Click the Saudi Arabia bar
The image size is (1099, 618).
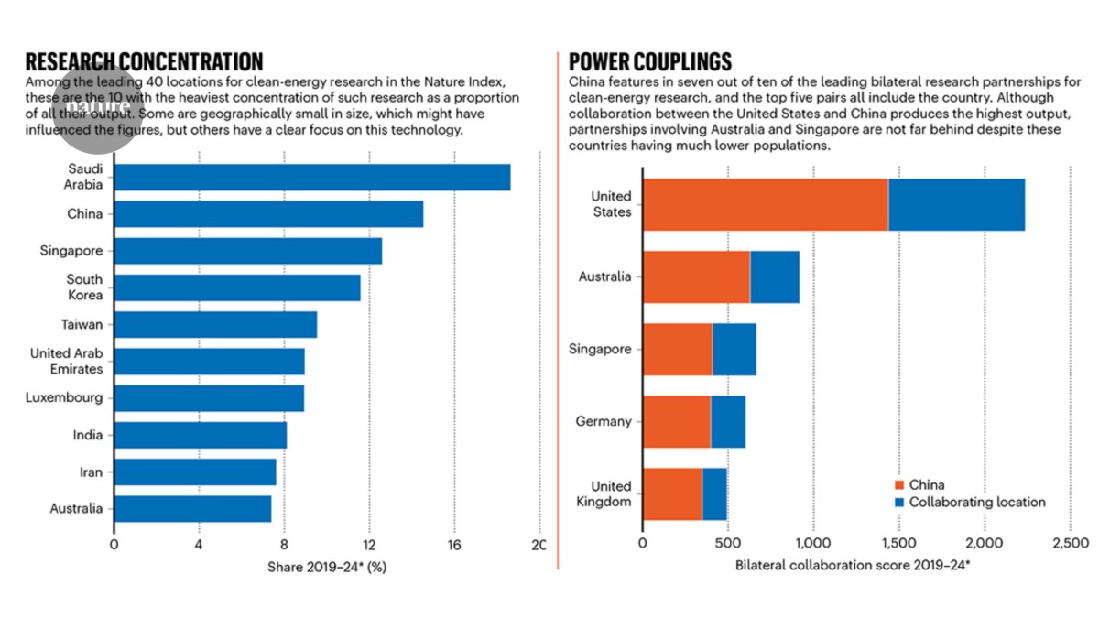coord(311,178)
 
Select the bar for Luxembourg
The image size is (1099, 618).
coord(209,398)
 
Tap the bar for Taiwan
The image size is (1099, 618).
coord(215,324)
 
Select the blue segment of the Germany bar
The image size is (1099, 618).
coord(728,421)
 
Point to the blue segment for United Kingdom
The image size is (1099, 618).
coord(714,494)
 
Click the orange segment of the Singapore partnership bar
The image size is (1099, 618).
coord(678,349)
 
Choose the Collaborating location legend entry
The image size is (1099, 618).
coord(976,502)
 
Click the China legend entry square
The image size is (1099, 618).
coord(899,485)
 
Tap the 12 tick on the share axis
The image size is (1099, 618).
coord(368,545)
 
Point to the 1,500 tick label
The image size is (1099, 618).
coord(898,545)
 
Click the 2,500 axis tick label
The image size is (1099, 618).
coord(1070,545)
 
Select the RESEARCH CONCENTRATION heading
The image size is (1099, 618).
coord(144,61)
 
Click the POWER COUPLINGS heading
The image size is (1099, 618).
coord(650,61)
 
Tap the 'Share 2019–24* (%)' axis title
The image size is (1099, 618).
coord(326,568)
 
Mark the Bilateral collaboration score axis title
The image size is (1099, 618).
coord(852,566)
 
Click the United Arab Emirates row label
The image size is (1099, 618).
coord(66,361)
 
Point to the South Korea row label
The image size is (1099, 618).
coord(84,287)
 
